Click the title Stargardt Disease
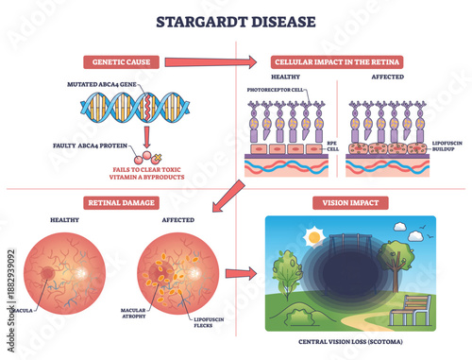pyautogui.click(x=235, y=20)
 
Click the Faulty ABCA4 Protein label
pyautogui.click(x=93, y=146)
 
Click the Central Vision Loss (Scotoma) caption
pyautogui.click(x=349, y=342)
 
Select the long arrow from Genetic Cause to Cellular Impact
pyautogui.click(x=209, y=63)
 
